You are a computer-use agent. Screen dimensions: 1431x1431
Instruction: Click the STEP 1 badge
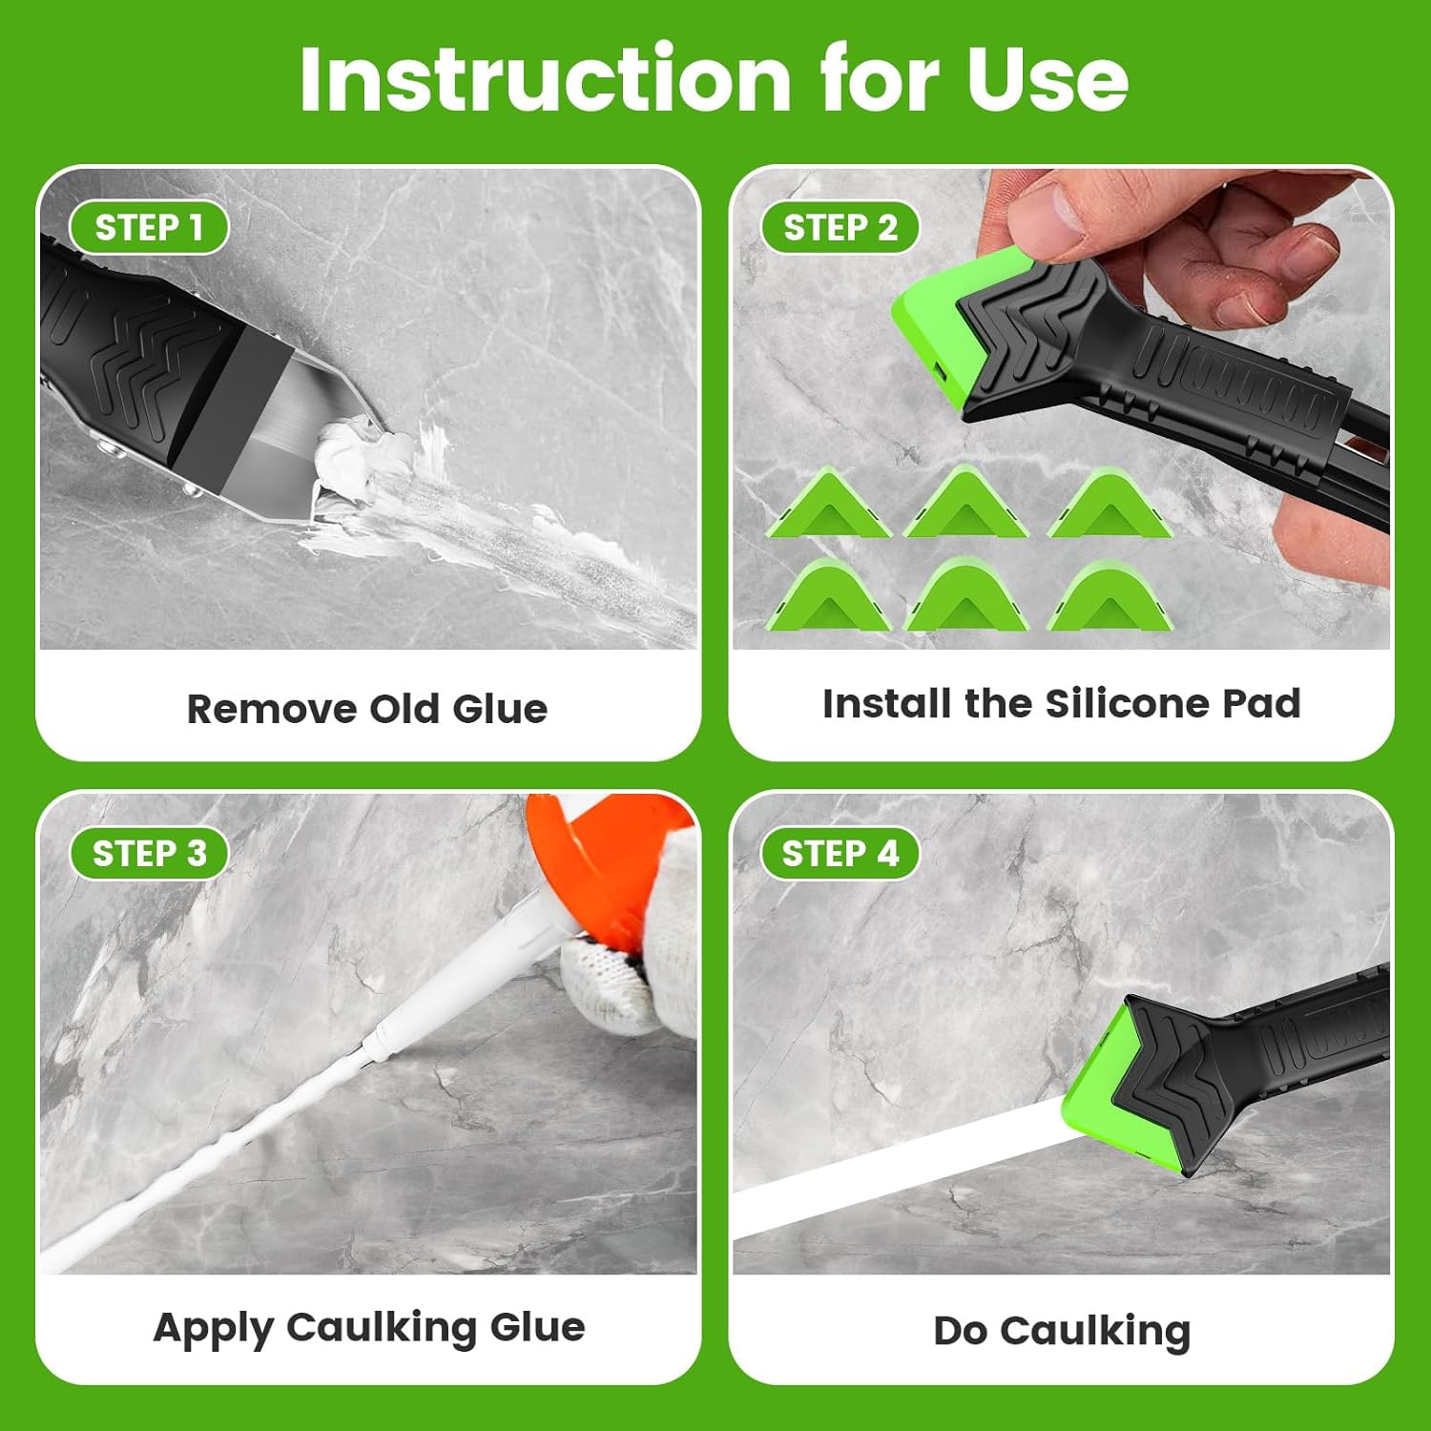pos(149,228)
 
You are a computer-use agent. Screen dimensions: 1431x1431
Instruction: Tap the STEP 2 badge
pos(840,228)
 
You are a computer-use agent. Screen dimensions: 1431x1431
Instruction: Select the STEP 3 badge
pos(149,853)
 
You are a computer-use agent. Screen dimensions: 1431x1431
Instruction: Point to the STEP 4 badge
pos(840,853)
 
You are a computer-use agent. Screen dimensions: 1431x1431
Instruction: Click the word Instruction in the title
pos(544,78)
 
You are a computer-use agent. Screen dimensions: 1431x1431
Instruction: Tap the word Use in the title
pos(1047,78)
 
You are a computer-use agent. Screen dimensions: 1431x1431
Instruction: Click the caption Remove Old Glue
pos(367,709)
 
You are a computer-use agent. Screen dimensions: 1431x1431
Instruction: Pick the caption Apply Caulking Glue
pos(369,1328)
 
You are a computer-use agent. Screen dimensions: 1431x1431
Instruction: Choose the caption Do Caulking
pos(1061,1331)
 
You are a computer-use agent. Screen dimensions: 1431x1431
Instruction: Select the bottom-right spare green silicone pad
pos(1109,599)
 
